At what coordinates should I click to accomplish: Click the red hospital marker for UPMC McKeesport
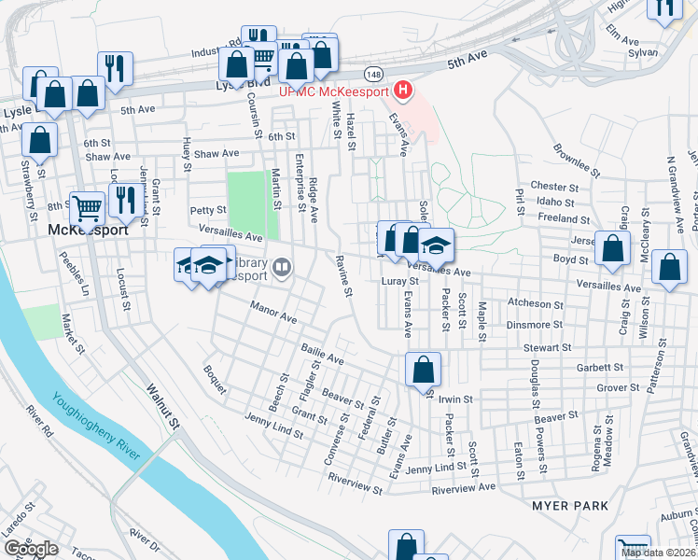click(403, 91)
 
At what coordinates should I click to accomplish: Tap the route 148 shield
click(373, 73)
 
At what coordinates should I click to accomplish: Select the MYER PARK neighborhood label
click(570, 506)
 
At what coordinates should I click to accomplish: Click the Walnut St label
click(161, 406)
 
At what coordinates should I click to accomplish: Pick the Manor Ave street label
click(272, 312)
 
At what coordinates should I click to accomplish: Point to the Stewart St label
click(547, 347)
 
